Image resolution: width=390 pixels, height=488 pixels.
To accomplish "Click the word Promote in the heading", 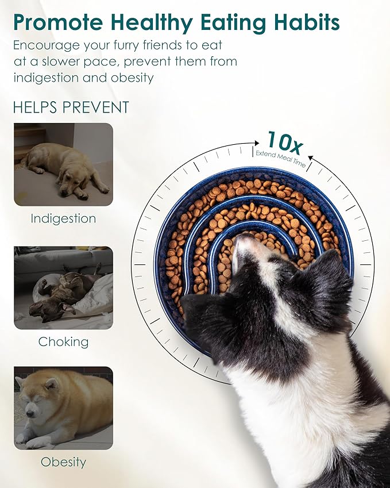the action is (58, 22).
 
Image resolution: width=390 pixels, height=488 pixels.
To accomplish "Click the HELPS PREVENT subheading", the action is (71, 107).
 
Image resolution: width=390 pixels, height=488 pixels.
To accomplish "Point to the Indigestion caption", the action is (63, 219).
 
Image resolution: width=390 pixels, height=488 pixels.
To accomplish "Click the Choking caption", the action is (63, 342).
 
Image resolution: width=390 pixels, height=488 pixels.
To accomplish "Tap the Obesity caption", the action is (63, 462).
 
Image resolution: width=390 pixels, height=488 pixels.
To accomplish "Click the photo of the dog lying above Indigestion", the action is (63, 164).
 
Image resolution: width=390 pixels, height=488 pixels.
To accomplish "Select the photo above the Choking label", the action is (63, 288).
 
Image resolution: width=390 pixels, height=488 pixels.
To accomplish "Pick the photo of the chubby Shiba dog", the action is (63, 408).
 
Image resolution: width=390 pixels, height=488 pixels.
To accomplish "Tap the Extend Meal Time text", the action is (280, 158).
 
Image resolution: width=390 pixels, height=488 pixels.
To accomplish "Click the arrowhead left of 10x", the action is (257, 143).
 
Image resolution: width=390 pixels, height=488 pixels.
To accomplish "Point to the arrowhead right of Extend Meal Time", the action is (311, 158).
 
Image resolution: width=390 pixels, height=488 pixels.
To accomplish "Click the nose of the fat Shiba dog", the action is (29, 414).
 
